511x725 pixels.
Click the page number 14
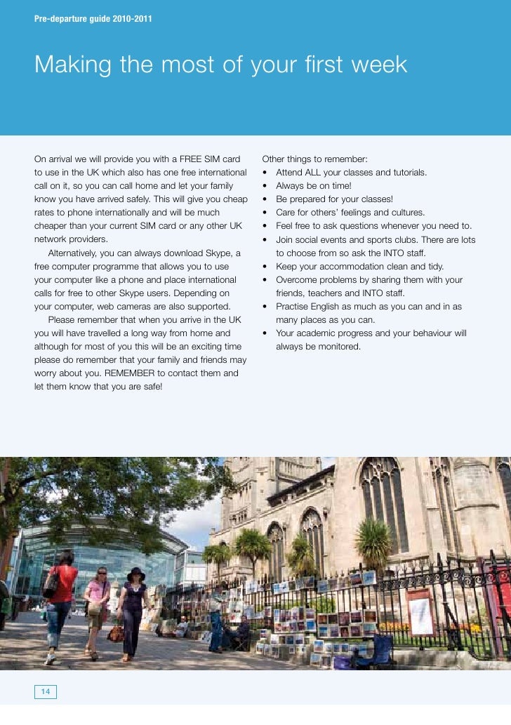point(46,692)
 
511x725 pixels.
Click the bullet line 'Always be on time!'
point(313,186)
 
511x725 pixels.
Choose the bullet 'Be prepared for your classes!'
point(334,199)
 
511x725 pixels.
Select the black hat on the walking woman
point(135,573)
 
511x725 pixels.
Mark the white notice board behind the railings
point(422,611)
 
